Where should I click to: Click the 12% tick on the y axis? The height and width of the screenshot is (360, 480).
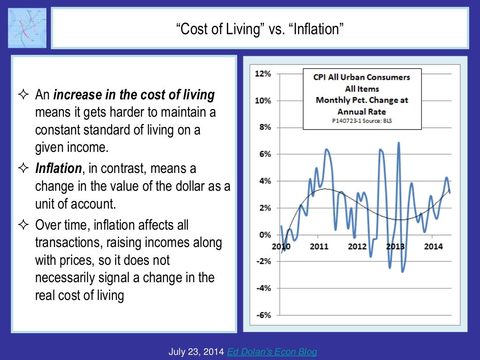262,74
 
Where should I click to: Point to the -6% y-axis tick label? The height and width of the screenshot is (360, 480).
262,315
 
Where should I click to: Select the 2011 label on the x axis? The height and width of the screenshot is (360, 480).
319,246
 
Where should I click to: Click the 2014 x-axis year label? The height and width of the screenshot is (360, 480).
434,246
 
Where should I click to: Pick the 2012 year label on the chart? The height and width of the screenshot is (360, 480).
357,246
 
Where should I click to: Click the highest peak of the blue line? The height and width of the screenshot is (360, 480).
398,143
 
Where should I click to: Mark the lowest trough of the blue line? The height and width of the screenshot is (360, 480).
402,271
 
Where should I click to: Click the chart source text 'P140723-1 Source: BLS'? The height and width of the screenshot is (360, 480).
361,120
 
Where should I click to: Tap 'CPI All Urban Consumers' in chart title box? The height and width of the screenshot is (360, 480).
361,77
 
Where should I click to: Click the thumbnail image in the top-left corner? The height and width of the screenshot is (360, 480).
27,28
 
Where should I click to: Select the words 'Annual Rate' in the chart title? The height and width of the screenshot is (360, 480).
361,112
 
